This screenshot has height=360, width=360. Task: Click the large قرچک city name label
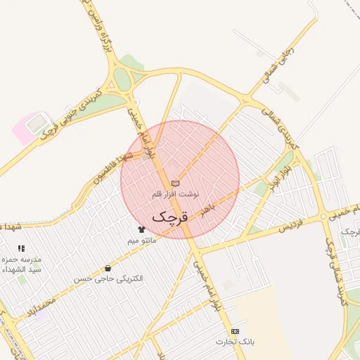pyautogui.click(x=170, y=216)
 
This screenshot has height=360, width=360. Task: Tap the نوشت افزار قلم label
pyautogui.click(x=176, y=193)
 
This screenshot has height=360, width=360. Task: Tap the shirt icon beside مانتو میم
pyautogui.click(x=141, y=229)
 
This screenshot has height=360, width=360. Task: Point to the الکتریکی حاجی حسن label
pyautogui.click(x=109, y=278)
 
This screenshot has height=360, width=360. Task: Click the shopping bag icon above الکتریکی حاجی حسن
pyautogui.click(x=108, y=268)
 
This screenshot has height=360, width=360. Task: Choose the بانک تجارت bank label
pyautogui.click(x=235, y=342)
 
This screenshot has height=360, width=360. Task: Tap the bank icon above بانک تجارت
pyautogui.click(x=235, y=331)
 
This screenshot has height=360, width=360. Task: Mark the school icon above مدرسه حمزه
pyautogui.click(x=21, y=248)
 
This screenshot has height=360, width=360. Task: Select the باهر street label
pyautogui.click(x=206, y=210)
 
